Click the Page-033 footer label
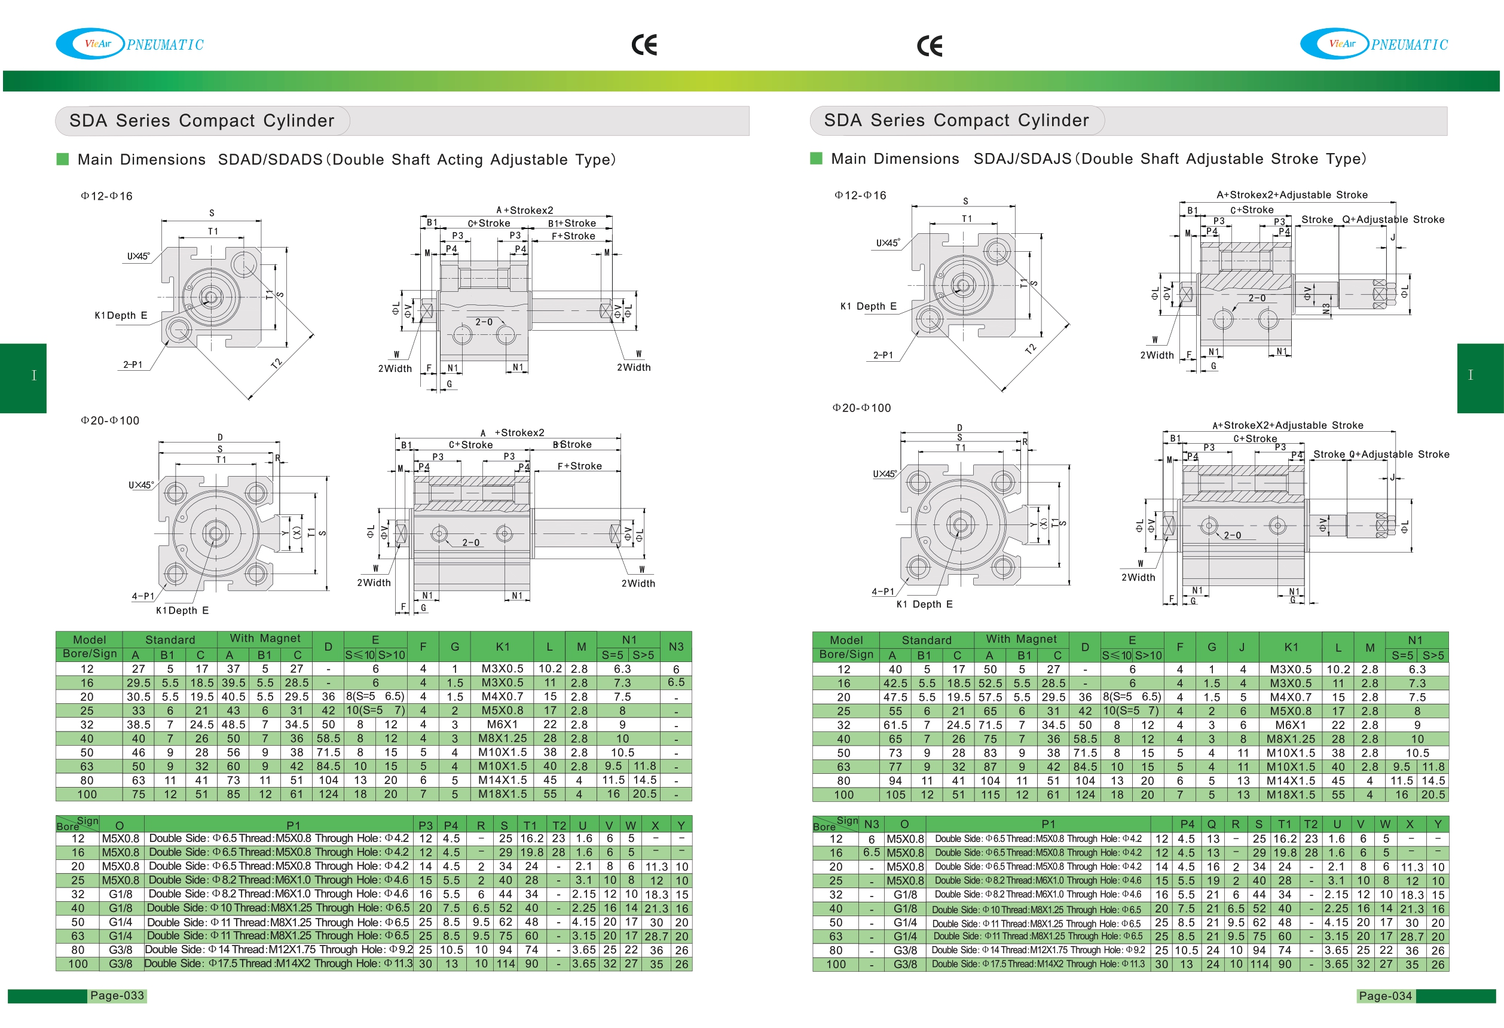[117, 995]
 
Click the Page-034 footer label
[1385, 996]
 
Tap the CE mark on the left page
[644, 45]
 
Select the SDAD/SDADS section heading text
[416, 159]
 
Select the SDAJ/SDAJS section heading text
[1169, 158]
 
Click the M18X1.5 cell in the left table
[502, 794]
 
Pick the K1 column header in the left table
[502, 646]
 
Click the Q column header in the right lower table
[1212, 824]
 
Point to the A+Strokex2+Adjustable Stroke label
[1292, 195]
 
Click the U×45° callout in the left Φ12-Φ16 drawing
[138, 257]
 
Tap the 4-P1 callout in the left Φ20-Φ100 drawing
[143, 596]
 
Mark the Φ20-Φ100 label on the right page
[861, 408]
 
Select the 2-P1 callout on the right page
[883, 355]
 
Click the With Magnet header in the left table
[265, 638]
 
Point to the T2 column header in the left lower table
[559, 825]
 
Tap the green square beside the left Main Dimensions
[63, 159]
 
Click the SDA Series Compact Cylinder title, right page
[956, 120]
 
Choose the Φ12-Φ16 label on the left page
[106, 196]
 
